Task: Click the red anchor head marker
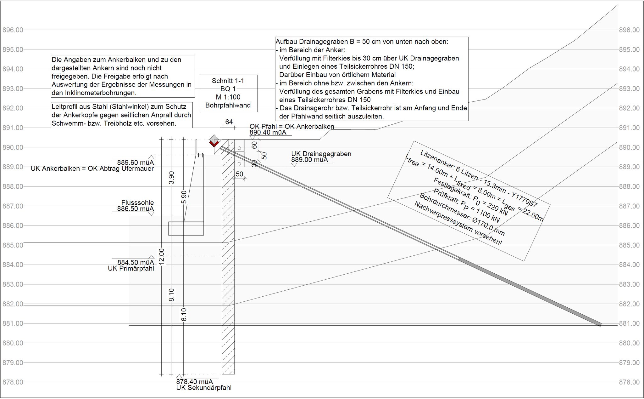pyautogui.click(x=214, y=144)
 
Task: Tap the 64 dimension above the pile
pyautogui.click(x=229, y=122)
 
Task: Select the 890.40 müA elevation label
pyautogui.click(x=268, y=133)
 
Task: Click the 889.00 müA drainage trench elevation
pyautogui.click(x=309, y=160)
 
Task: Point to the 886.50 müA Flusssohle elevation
pyautogui.click(x=136, y=209)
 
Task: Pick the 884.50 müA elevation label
pyautogui.click(x=136, y=262)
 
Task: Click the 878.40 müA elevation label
pyautogui.click(x=194, y=382)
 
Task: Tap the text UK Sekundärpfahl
pyautogui.click(x=204, y=388)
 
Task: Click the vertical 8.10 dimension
pyautogui.click(x=171, y=295)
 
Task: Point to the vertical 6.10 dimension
pyautogui.click(x=184, y=314)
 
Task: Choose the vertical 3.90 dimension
pyautogui.click(x=171, y=178)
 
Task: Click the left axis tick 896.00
pyautogui.click(x=13, y=30)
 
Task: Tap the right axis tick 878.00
pyautogui.click(x=629, y=382)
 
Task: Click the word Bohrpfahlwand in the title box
pyautogui.click(x=228, y=105)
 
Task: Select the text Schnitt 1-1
pyautogui.click(x=228, y=81)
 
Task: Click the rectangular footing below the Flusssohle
pyautogui.click(x=186, y=228)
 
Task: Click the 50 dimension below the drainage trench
pyautogui.click(x=239, y=174)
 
